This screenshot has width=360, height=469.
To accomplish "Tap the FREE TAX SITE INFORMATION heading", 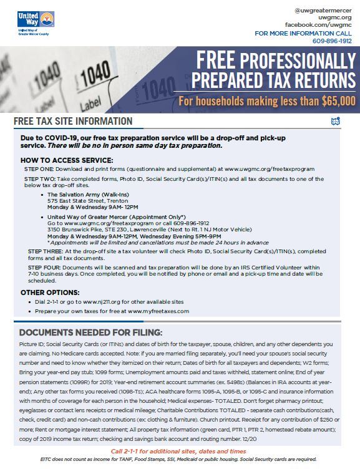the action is point(72,121).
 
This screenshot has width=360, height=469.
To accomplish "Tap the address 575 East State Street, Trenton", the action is point(92,201).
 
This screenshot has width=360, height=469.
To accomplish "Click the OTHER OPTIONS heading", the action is point(50,293).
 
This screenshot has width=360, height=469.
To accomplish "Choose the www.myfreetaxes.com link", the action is point(158,311).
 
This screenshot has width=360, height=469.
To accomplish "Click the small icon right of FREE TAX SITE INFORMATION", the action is point(336,120).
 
